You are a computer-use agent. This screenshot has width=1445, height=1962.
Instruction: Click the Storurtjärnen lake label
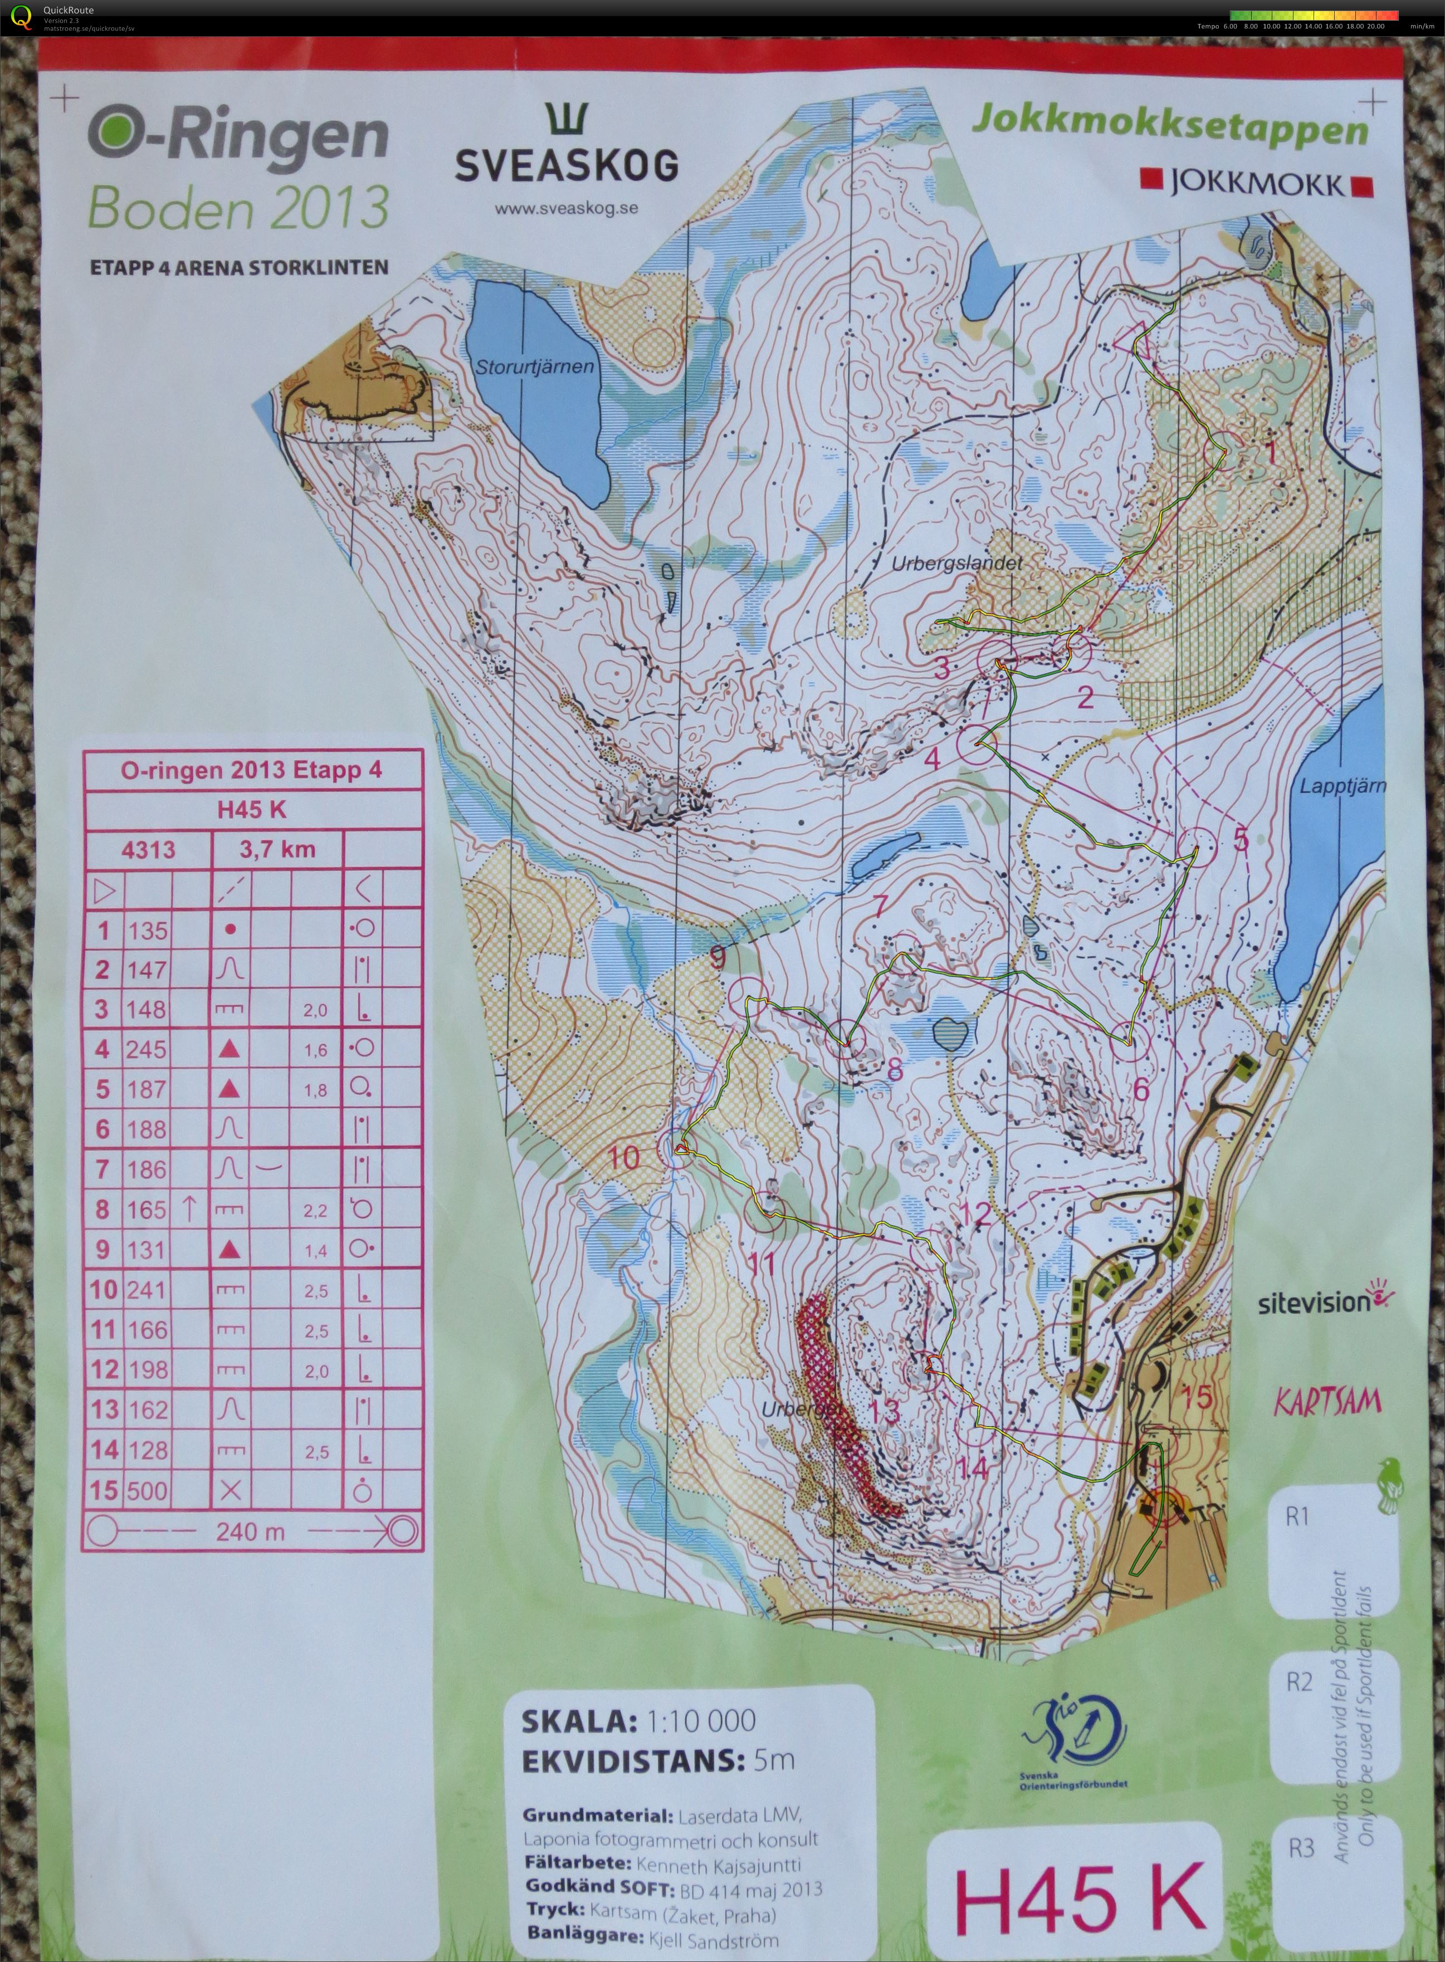(534, 366)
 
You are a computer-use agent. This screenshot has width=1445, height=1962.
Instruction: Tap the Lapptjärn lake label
(1342, 785)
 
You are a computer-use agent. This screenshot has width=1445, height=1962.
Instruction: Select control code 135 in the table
(147, 929)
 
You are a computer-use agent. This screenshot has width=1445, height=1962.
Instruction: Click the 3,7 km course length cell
(278, 849)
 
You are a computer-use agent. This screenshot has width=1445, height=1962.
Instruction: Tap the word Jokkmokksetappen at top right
(1169, 129)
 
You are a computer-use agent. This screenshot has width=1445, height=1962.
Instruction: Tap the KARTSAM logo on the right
(1326, 1402)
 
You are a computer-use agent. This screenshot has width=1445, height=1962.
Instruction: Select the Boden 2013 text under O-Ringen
(237, 207)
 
